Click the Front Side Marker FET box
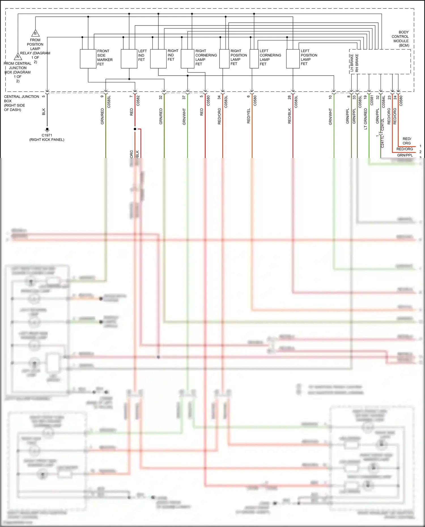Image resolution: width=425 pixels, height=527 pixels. click(x=88, y=59)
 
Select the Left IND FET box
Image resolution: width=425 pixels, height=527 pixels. click(x=129, y=59)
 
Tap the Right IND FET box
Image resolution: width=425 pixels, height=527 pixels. click(x=158, y=59)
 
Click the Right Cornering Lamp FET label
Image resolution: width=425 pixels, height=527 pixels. click(x=206, y=57)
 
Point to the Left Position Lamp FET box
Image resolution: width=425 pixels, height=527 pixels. click(x=293, y=59)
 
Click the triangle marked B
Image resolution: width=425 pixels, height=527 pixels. click(x=35, y=33)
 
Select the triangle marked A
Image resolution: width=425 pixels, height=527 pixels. click(x=18, y=56)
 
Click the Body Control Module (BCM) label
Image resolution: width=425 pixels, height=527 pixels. click(x=400, y=39)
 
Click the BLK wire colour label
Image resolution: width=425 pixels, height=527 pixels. click(x=44, y=112)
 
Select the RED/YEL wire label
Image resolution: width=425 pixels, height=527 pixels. click(x=248, y=116)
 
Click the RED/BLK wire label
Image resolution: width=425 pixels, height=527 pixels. click(x=289, y=116)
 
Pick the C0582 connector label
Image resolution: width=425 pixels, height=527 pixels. click(x=138, y=101)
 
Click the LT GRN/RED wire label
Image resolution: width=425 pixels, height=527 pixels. click(x=365, y=119)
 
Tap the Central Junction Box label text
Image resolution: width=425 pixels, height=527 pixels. click(x=21, y=103)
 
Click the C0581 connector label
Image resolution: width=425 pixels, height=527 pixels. click(x=372, y=100)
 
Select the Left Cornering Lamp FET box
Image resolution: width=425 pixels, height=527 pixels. click(x=254, y=59)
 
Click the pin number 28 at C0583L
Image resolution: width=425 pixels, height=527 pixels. click(x=289, y=97)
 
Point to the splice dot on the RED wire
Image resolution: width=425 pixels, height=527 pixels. click(x=135, y=129)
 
